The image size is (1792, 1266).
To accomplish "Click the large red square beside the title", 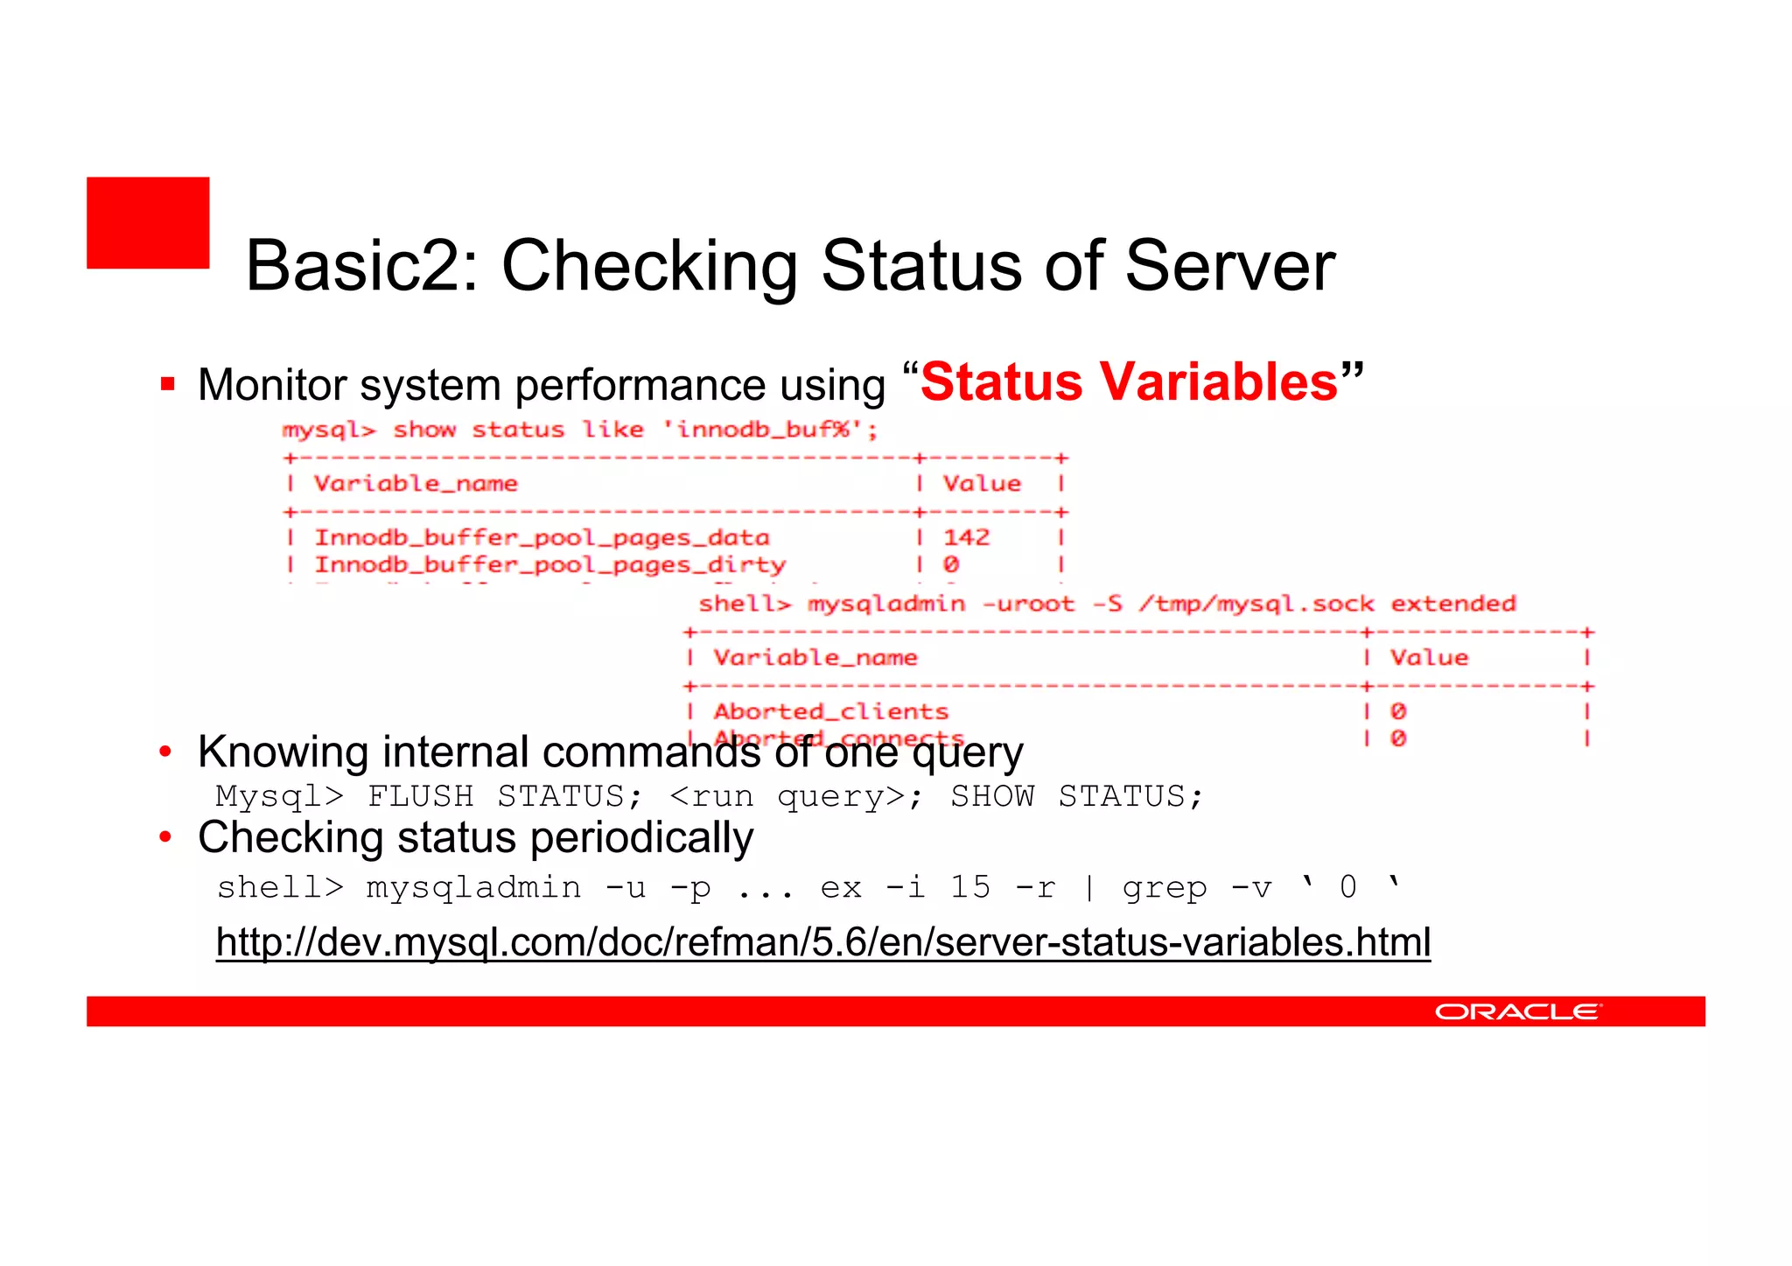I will tap(148, 222).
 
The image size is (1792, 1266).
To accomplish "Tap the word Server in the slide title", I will tap(1229, 266).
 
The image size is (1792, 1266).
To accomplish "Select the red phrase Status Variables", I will tap(1129, 382).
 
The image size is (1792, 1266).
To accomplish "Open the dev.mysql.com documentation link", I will tap(822, 942).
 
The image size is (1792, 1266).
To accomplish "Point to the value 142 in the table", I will tap(966, 537).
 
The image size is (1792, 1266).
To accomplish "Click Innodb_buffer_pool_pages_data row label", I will tap(542, 537).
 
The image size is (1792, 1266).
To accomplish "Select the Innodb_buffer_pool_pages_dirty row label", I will tap(549, 565).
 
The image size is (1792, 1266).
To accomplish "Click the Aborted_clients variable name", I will tap(830, 711).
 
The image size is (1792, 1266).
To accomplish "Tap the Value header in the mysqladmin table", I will tap(1429, 658).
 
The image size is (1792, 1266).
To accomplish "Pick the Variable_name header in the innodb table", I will tap(416, 484).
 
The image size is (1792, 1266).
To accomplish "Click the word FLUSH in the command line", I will tap(420, 796).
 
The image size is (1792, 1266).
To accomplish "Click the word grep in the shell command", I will tap(1164, 888).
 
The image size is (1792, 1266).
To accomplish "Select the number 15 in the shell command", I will tap(970, 888).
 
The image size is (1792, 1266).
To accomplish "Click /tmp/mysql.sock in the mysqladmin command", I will tap(1256, 604).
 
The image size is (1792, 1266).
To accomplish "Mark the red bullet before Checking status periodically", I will tap(165, 838).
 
